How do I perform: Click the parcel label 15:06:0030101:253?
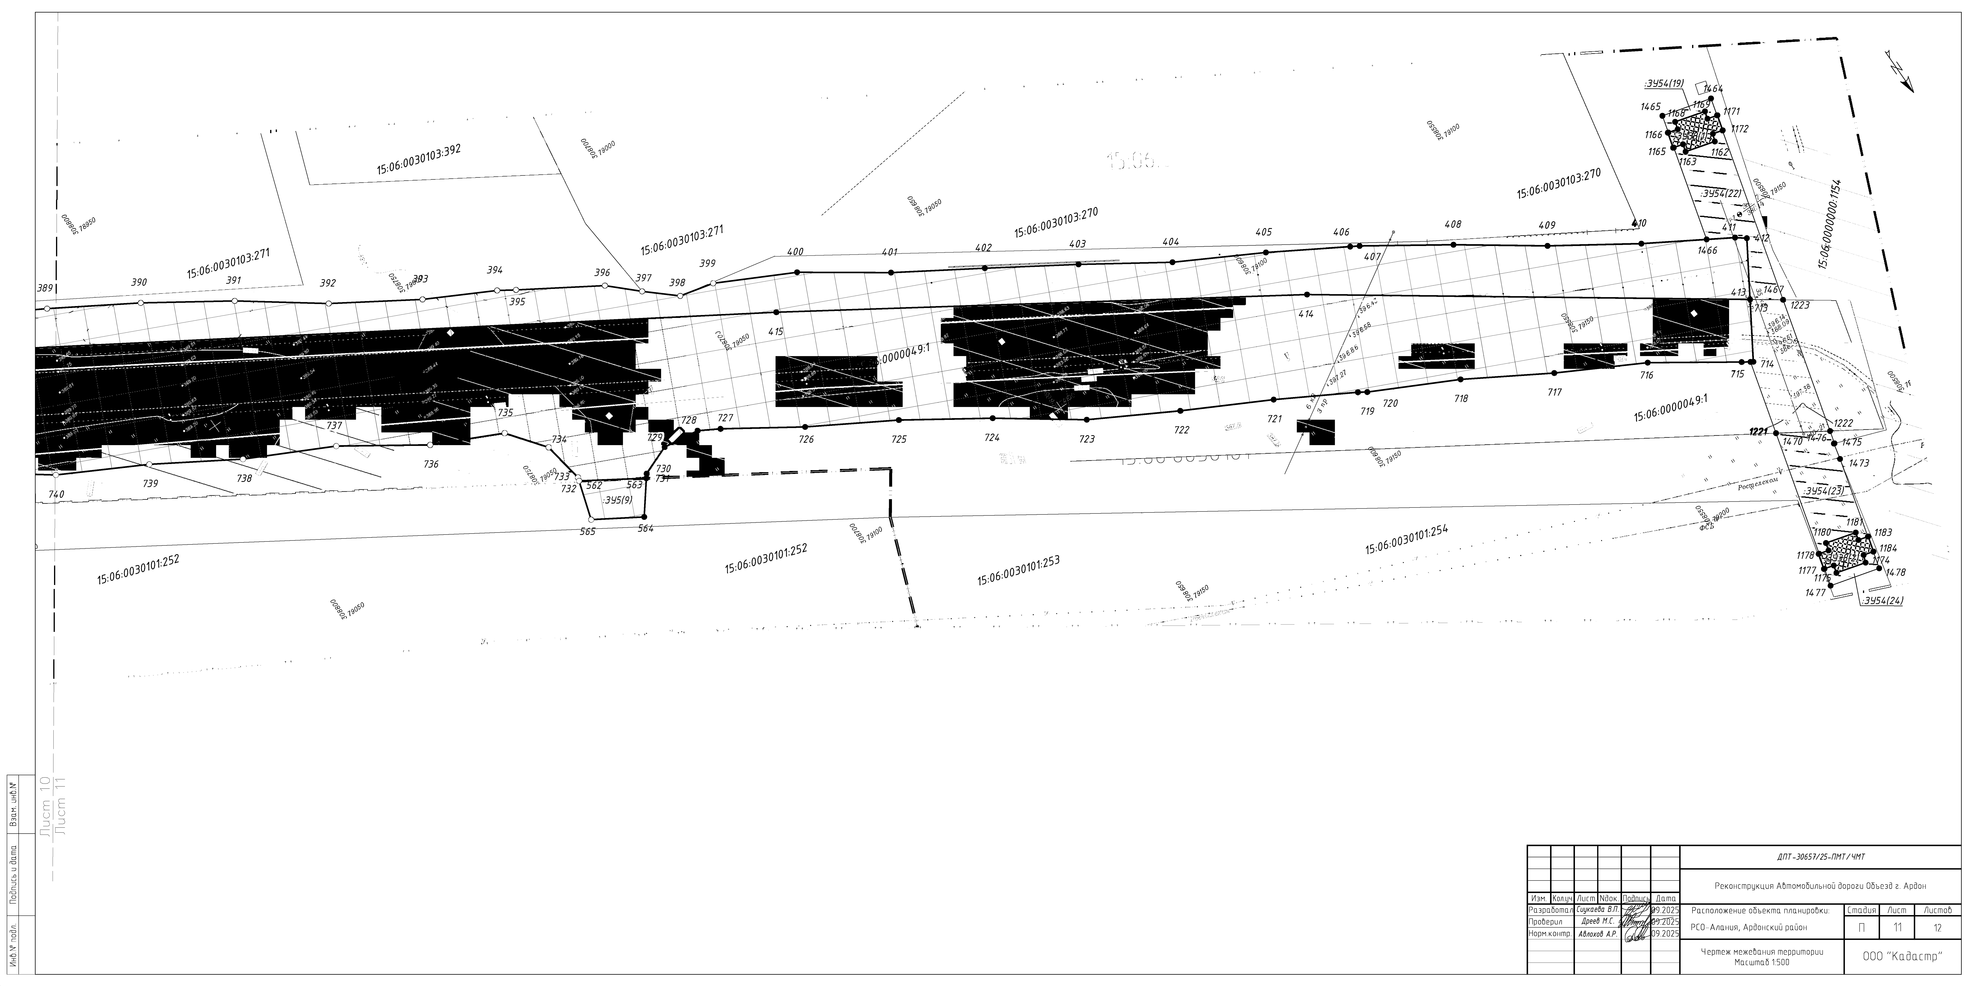pos(1018,570)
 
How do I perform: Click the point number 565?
pos(588,531)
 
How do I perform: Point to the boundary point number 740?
pos(56,494)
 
